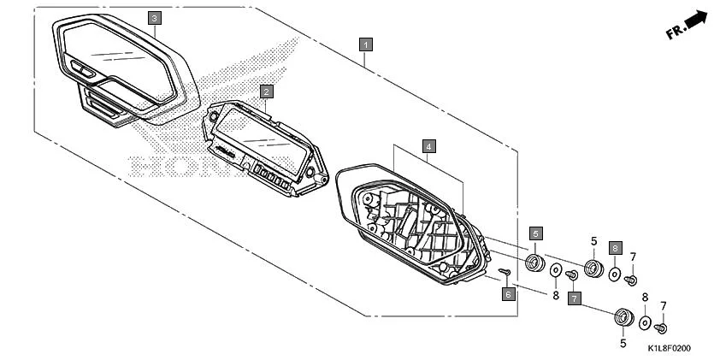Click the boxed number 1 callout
(365, 43)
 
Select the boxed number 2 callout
(267, 91)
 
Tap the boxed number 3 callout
(154, 18)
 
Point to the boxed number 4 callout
(429, 145)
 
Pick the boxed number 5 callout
(535, 232)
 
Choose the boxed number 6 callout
(507, 293)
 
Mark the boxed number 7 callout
(575, 298)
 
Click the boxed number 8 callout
(614, 248)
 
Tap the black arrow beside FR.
(697, 20)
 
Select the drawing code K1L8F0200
(669, 348)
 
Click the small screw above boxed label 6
(505, 273)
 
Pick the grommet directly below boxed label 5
(534, 260)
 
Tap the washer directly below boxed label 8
(614, 274)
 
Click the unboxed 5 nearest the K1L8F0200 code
(622, 343)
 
